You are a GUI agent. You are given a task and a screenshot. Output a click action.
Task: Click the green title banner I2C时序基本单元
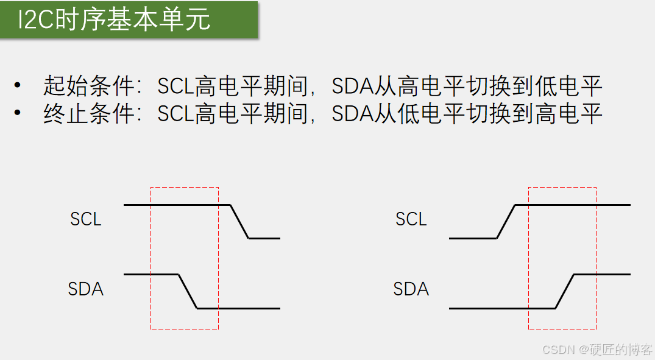point(129,20)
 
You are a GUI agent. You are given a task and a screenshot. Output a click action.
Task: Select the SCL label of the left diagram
point(86,219)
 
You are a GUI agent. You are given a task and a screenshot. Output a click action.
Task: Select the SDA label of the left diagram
point(86,289)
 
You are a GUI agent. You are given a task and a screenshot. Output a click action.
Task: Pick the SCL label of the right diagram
point(411,219)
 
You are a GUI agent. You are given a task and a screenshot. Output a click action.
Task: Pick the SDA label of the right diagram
point(411,289)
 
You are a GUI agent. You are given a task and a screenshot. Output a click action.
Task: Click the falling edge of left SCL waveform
point(239,222)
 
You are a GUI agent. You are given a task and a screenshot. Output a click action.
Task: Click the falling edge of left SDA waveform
point(188,292)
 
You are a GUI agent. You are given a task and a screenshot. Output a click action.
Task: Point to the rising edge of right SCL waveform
point(506,222)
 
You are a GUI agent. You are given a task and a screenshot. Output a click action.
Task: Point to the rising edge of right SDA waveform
point(565,292)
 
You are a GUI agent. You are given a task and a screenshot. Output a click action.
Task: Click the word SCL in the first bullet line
point(175,86)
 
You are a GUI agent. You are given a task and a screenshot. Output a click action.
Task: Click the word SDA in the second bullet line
point(352,114)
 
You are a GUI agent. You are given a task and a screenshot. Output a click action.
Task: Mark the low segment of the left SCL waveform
point(264,238)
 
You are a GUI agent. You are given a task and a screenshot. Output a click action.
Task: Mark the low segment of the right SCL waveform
point(473,238)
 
